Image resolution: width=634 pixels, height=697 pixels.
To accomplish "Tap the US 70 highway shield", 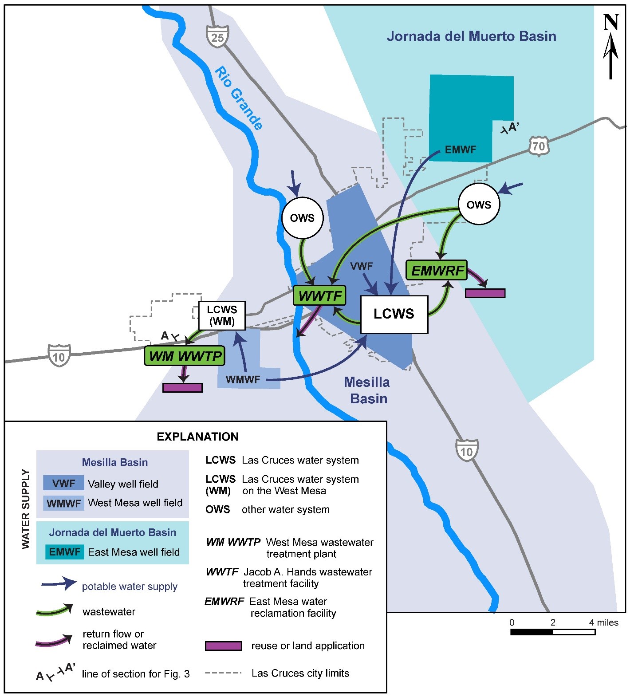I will [x=539, y=146].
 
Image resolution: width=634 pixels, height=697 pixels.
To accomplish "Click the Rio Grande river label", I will [x=239, y=98].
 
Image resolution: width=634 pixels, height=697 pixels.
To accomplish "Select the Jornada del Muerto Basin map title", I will [x=471, y=36].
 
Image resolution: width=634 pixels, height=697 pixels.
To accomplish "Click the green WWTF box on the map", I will [x=319, y=295].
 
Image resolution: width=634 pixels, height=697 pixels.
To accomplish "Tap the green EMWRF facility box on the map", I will [x=437, y=270].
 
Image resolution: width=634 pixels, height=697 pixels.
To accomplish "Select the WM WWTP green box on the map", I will [x=185, y=356].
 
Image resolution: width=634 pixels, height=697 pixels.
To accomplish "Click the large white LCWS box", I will [x=394, y=314].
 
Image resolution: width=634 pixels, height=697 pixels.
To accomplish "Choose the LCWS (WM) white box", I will [x=222, y=315].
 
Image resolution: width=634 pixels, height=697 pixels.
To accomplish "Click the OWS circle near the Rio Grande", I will [x=302, y=218].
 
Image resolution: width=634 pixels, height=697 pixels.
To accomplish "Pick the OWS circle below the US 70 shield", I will [x=479, y=205].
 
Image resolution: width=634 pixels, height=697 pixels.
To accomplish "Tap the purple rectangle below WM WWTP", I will [x=182, y=388].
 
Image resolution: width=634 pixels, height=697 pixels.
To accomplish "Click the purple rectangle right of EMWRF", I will [x=485, y=293].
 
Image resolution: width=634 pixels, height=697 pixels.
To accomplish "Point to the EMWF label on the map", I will [x=460, y=150].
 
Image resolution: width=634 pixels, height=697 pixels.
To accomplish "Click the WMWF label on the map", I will [x=243, y=380].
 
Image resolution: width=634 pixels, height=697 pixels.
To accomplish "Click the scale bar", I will [x=552, y=632].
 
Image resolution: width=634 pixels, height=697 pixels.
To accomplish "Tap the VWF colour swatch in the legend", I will [x=63, y=483].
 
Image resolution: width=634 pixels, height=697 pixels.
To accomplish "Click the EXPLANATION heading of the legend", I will [x=197, y=437].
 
